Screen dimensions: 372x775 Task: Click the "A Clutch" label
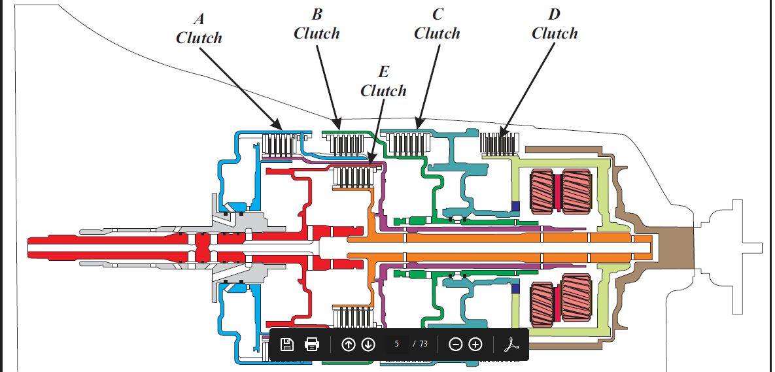(x=199, y=29)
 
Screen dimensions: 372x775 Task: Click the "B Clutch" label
(x=317, y=24)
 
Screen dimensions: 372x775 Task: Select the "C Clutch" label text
(x=437, y=24)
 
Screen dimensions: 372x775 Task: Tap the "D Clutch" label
(x=555, y=24)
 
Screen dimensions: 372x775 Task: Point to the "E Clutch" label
(x=383, y=82)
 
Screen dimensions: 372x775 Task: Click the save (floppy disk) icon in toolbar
(x=286, y=344)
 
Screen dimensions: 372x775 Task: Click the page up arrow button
(x=349, y=344)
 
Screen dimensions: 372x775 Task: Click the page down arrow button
(x=368, y=344)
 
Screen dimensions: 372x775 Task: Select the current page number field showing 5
(x=397, y=344)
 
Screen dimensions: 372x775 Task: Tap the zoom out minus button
(x=456, y=344)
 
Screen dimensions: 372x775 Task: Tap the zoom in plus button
(x=475, y=344)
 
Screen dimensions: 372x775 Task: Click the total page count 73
(x=423, y=344)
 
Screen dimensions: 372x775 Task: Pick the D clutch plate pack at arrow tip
(x=500, y=143)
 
